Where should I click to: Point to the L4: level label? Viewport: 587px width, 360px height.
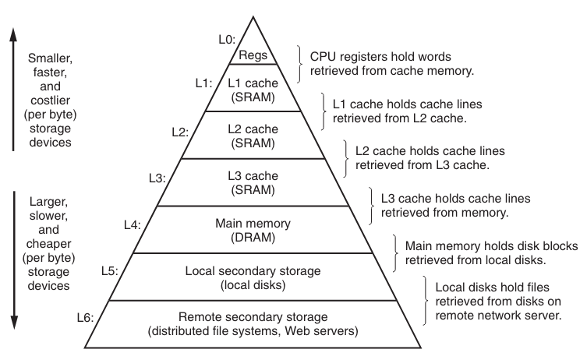133,224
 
